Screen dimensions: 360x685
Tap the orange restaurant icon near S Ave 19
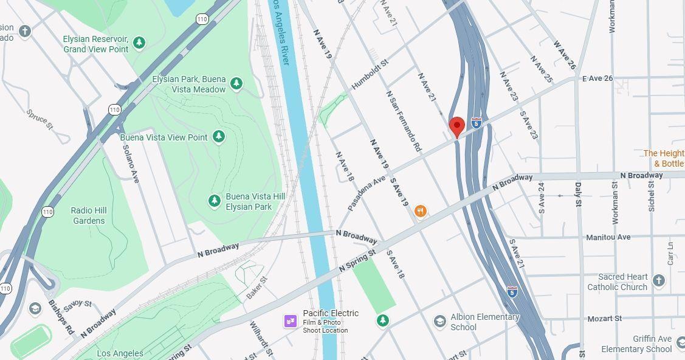(420, 212)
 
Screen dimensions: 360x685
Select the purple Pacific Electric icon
(290, 320)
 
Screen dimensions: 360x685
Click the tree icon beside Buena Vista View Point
(219, 137)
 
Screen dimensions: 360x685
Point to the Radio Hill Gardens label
(89, 215)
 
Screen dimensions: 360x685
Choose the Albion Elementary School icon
(440, 321)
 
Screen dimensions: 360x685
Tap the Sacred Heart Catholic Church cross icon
(658, 281)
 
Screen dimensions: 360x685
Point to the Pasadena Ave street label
(367, 194)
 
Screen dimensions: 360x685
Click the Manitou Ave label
(608, 237)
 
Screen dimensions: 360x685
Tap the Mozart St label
(604, 318)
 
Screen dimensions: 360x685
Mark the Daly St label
(579, 201)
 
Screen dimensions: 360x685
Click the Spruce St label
(40, 119)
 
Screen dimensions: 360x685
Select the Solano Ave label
(131, 163)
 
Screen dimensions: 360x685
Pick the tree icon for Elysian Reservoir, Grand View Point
(140, 43)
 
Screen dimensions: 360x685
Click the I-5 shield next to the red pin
(477, 123)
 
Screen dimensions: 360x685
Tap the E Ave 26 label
(597, 79)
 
